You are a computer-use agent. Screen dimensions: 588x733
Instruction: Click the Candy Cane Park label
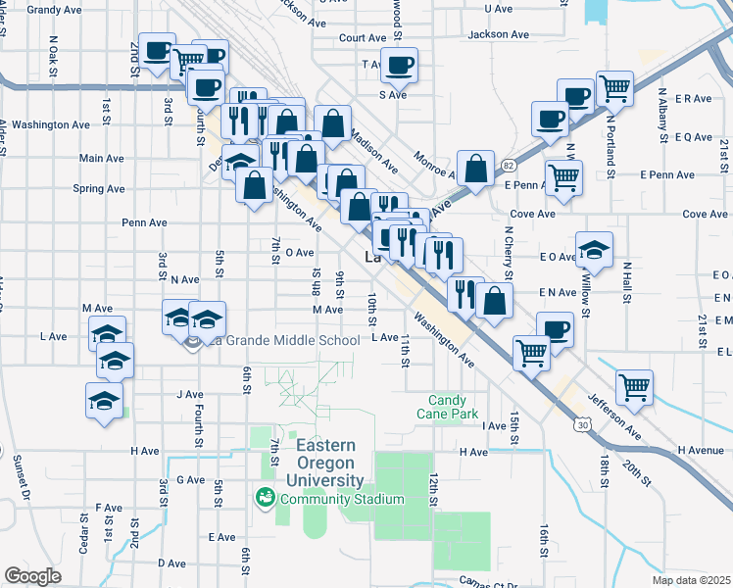(x=463, y=407)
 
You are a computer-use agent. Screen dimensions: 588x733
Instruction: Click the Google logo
(x=32, y=576)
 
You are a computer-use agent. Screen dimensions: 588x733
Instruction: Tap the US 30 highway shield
(x=583, y=425)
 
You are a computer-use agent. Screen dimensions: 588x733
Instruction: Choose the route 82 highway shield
(x=508, y=168)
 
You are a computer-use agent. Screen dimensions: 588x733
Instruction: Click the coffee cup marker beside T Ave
(x=398, y=67)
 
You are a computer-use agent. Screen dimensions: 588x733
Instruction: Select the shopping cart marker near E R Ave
(x=614, y=89)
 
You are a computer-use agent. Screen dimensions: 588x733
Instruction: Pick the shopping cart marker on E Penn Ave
(x=563, y=177)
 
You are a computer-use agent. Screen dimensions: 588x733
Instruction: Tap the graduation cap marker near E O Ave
(x=594, y=251)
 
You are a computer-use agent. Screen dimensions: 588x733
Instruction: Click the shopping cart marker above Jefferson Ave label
(x=634, y=387)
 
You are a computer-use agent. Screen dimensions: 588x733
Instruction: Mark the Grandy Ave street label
(x=54, y=10)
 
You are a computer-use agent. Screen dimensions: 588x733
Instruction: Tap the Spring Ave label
(x=100, y=189)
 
